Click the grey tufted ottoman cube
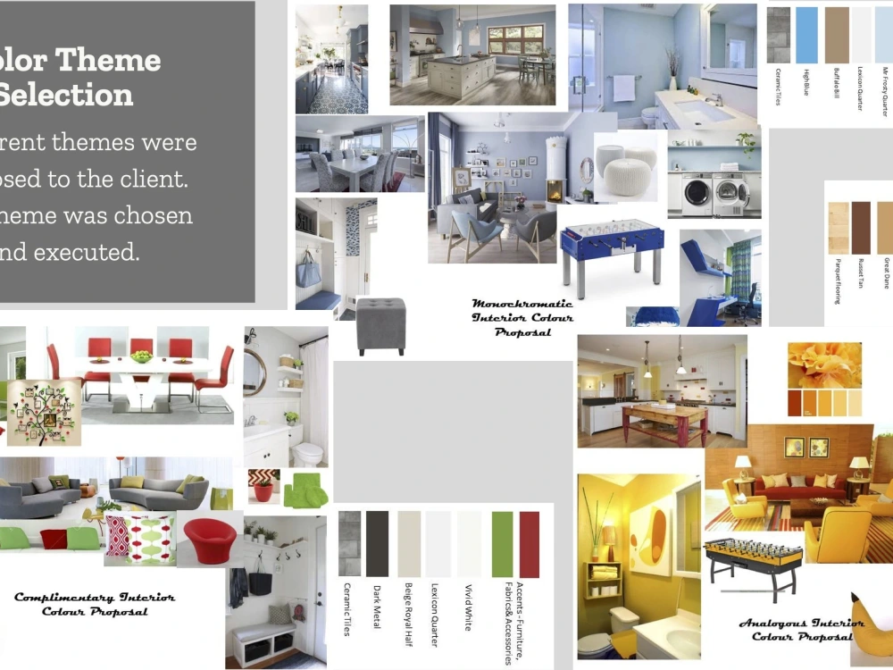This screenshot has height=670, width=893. (x=381, y=325)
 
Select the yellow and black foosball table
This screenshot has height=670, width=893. (x=754, y=560)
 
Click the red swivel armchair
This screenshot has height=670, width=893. (x=211, y=540)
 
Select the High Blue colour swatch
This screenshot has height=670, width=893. (x=807, y=35)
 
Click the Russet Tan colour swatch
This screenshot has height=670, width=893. (x=861, y=228)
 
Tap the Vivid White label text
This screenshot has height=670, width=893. (x=468, y=607)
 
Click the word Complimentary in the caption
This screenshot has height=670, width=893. (x=64, y=598)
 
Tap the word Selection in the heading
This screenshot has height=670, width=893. (x=67, y=94)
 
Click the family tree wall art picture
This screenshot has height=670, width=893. (x=44, y=412)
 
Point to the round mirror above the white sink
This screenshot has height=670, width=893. (x=254, y=372)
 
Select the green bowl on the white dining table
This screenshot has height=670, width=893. (x=141, y=356)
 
